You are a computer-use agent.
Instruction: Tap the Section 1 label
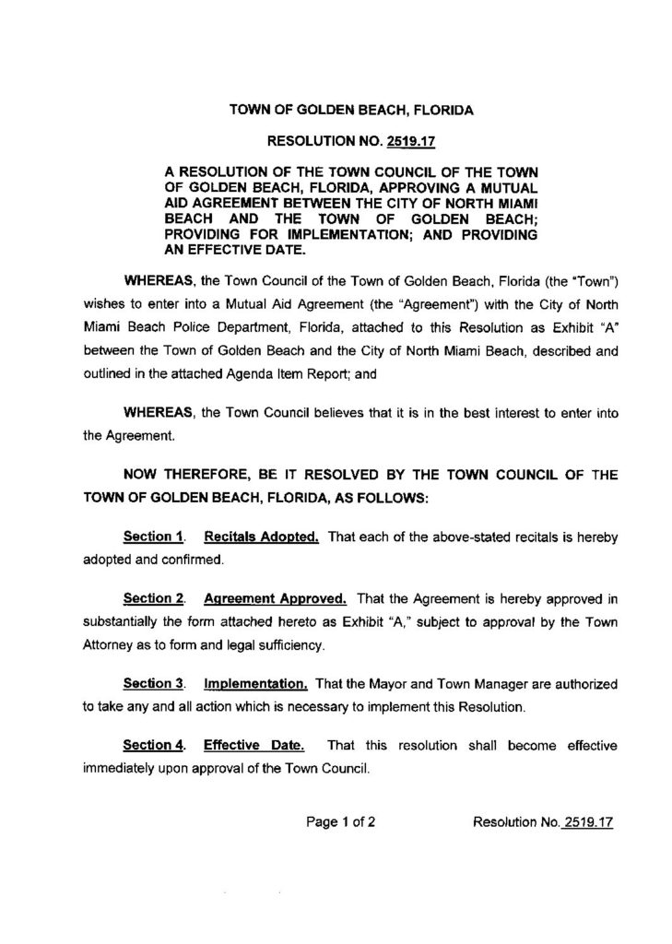tap(149, 535)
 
